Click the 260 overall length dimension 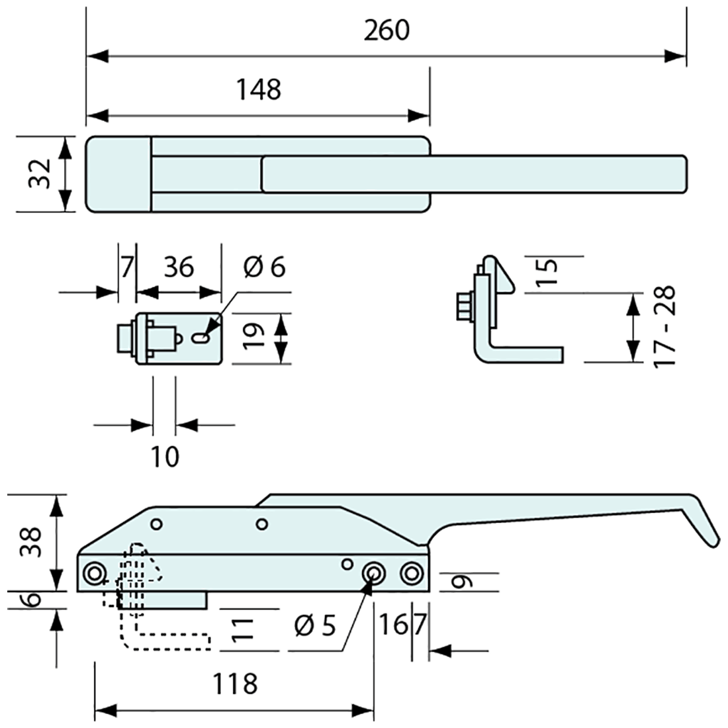(387, 30)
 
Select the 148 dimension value (259, 89)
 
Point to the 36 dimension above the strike (178, 267)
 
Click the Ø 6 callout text (263, 267)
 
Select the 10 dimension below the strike (165, 457)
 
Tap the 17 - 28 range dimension (664, 327)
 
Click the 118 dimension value (235, 684)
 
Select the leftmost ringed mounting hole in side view (95, 573)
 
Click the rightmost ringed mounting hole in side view (412, 573)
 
